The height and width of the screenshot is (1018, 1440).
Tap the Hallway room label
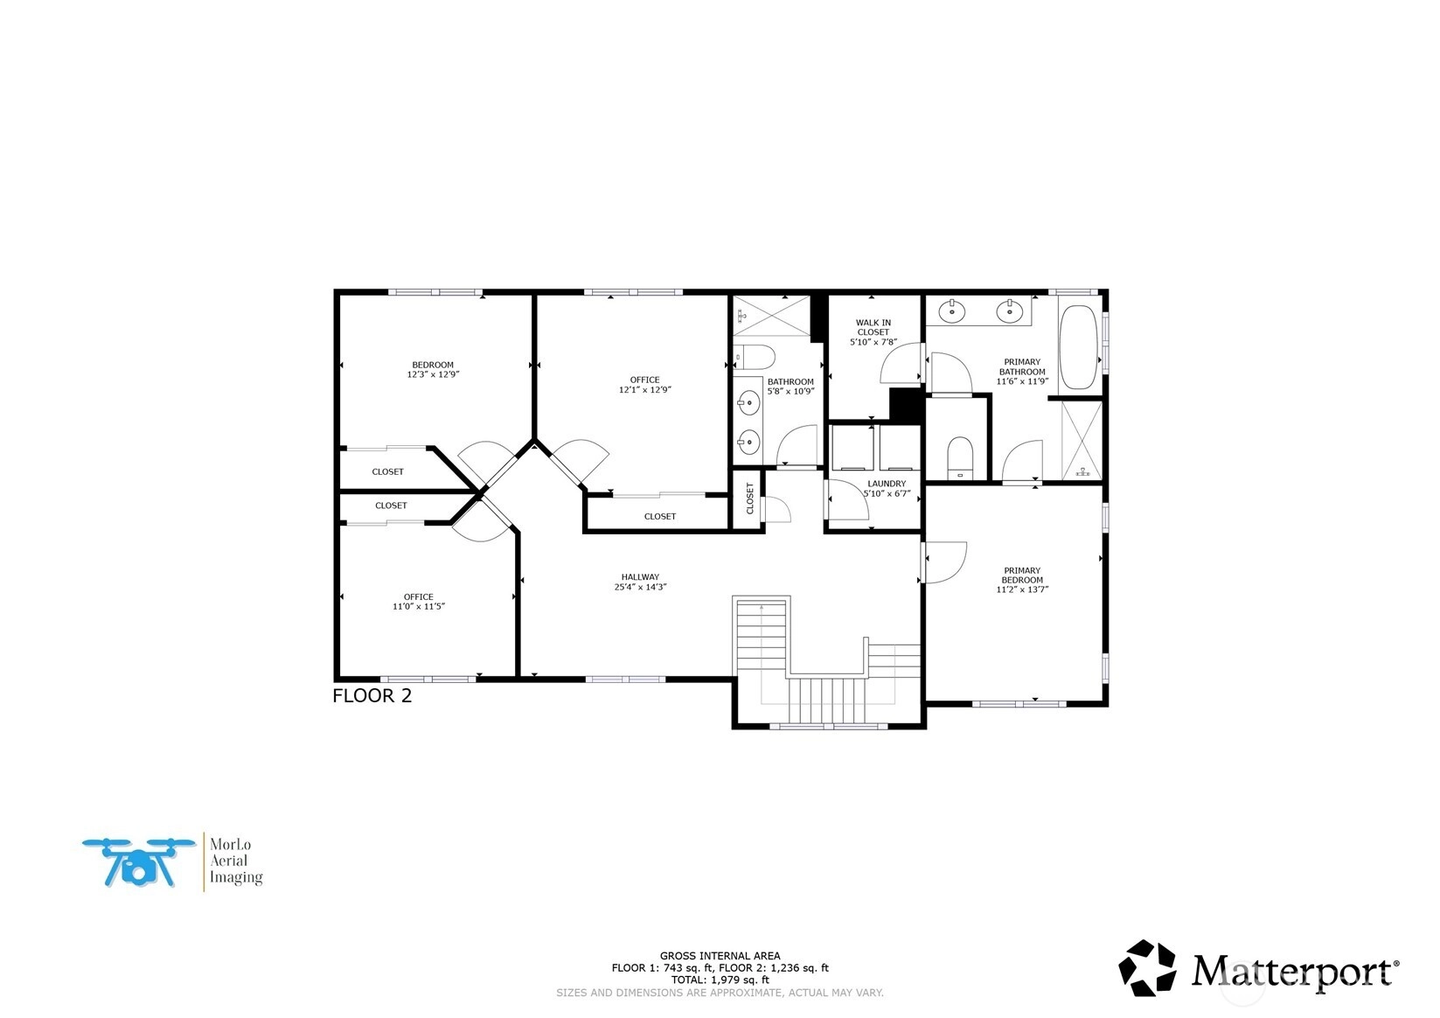(x=640, y=577)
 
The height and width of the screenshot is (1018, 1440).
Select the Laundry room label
(x=887, y=484)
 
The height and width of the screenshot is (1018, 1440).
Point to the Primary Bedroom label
(x=1022, y=575)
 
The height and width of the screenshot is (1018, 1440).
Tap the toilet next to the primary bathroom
(x=960, y=457)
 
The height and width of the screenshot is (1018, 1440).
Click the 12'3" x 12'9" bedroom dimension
(x=433, y=374)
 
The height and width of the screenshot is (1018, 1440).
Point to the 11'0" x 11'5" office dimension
(x=419, y=606)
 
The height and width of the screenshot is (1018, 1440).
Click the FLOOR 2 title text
(x=372, y=696)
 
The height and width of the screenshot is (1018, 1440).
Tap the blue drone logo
(x=139, y=863)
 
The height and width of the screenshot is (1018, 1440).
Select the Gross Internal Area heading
(x=720, y=956)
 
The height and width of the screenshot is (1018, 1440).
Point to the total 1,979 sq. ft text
(x=720, y=980)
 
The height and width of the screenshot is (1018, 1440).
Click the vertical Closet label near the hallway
(x=749, y=499)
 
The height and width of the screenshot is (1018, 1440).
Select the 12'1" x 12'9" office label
(x=644, y=385)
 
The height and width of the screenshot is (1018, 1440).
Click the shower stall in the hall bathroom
(x=771, y=315)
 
